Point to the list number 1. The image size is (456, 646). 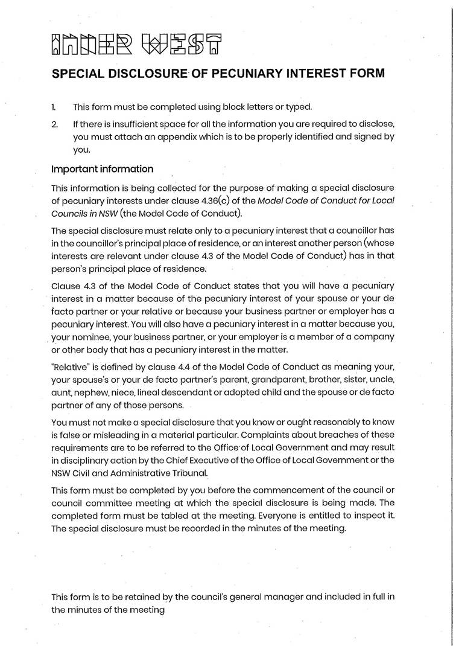[54, 107]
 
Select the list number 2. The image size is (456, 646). [54, 124]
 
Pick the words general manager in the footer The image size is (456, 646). [268, 597]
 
